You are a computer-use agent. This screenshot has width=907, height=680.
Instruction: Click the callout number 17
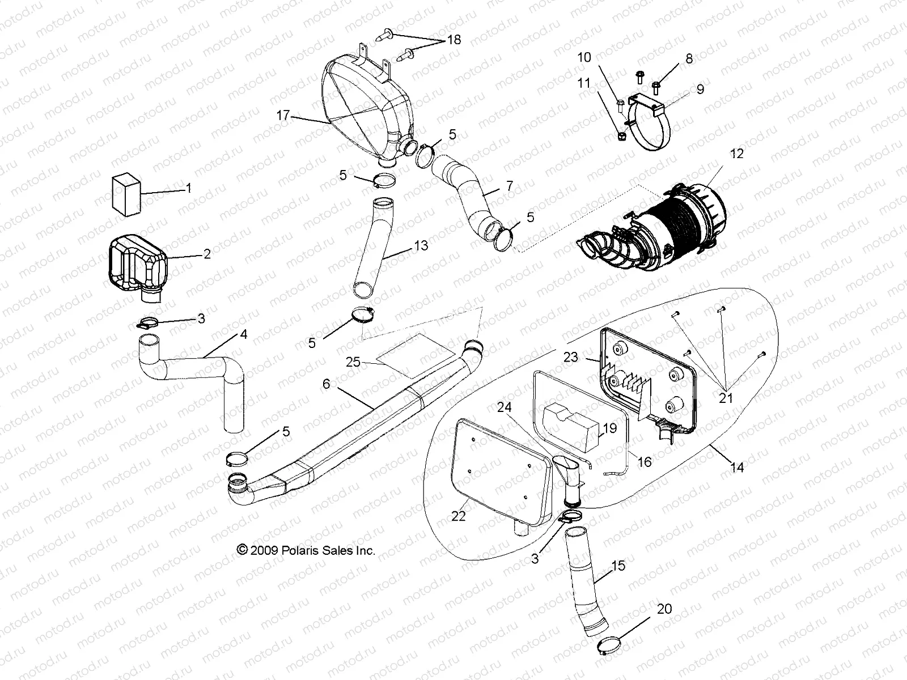pyautogui.click(x=283, y=116)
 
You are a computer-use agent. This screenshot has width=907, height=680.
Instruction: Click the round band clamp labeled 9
pyautogui.click(x=652, y=133)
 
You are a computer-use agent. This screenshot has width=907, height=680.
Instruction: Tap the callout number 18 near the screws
pyautogui.click(x=454, y=40)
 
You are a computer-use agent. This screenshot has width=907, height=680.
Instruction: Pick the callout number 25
pyautogui.click(x=353, y=362)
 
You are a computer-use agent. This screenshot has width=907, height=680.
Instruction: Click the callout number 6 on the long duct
pyautogui.click(x=326, y=384)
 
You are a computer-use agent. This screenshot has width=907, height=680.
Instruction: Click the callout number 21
pyautogui.click(x=726, y=398)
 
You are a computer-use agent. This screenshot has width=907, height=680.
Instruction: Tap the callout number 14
pyautogui.click(x=737, y=467)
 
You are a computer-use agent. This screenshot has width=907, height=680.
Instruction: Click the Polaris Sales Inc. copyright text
pyautogui.click(x=306, y=550)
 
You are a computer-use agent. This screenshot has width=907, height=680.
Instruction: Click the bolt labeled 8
pyautogui.click(x=657, y=86)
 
